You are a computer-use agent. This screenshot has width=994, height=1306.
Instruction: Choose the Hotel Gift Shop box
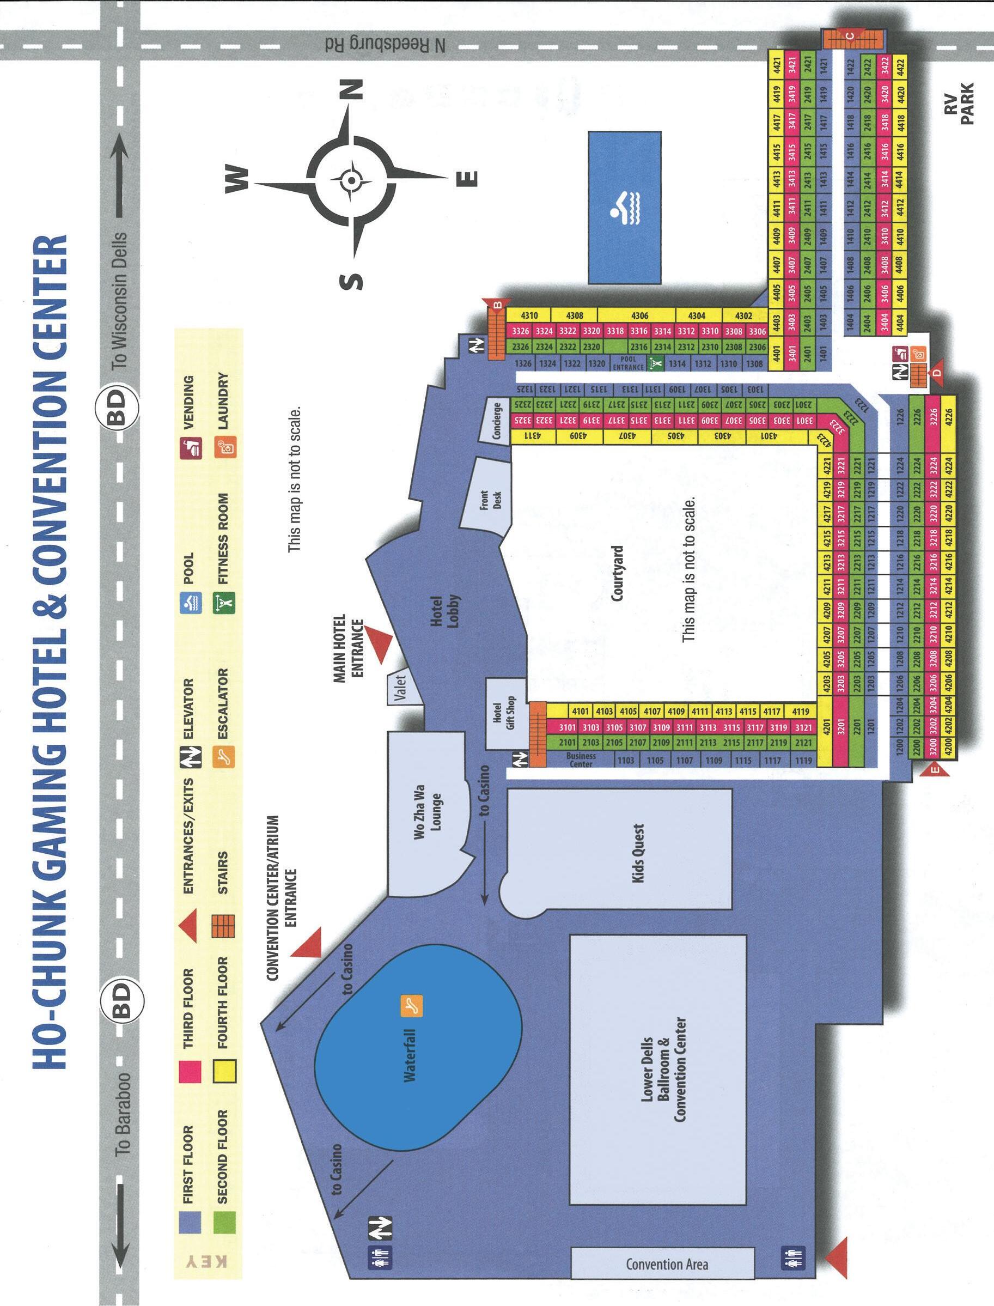(502, 713)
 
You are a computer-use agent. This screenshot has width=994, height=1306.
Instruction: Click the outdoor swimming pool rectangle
(624, 207)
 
